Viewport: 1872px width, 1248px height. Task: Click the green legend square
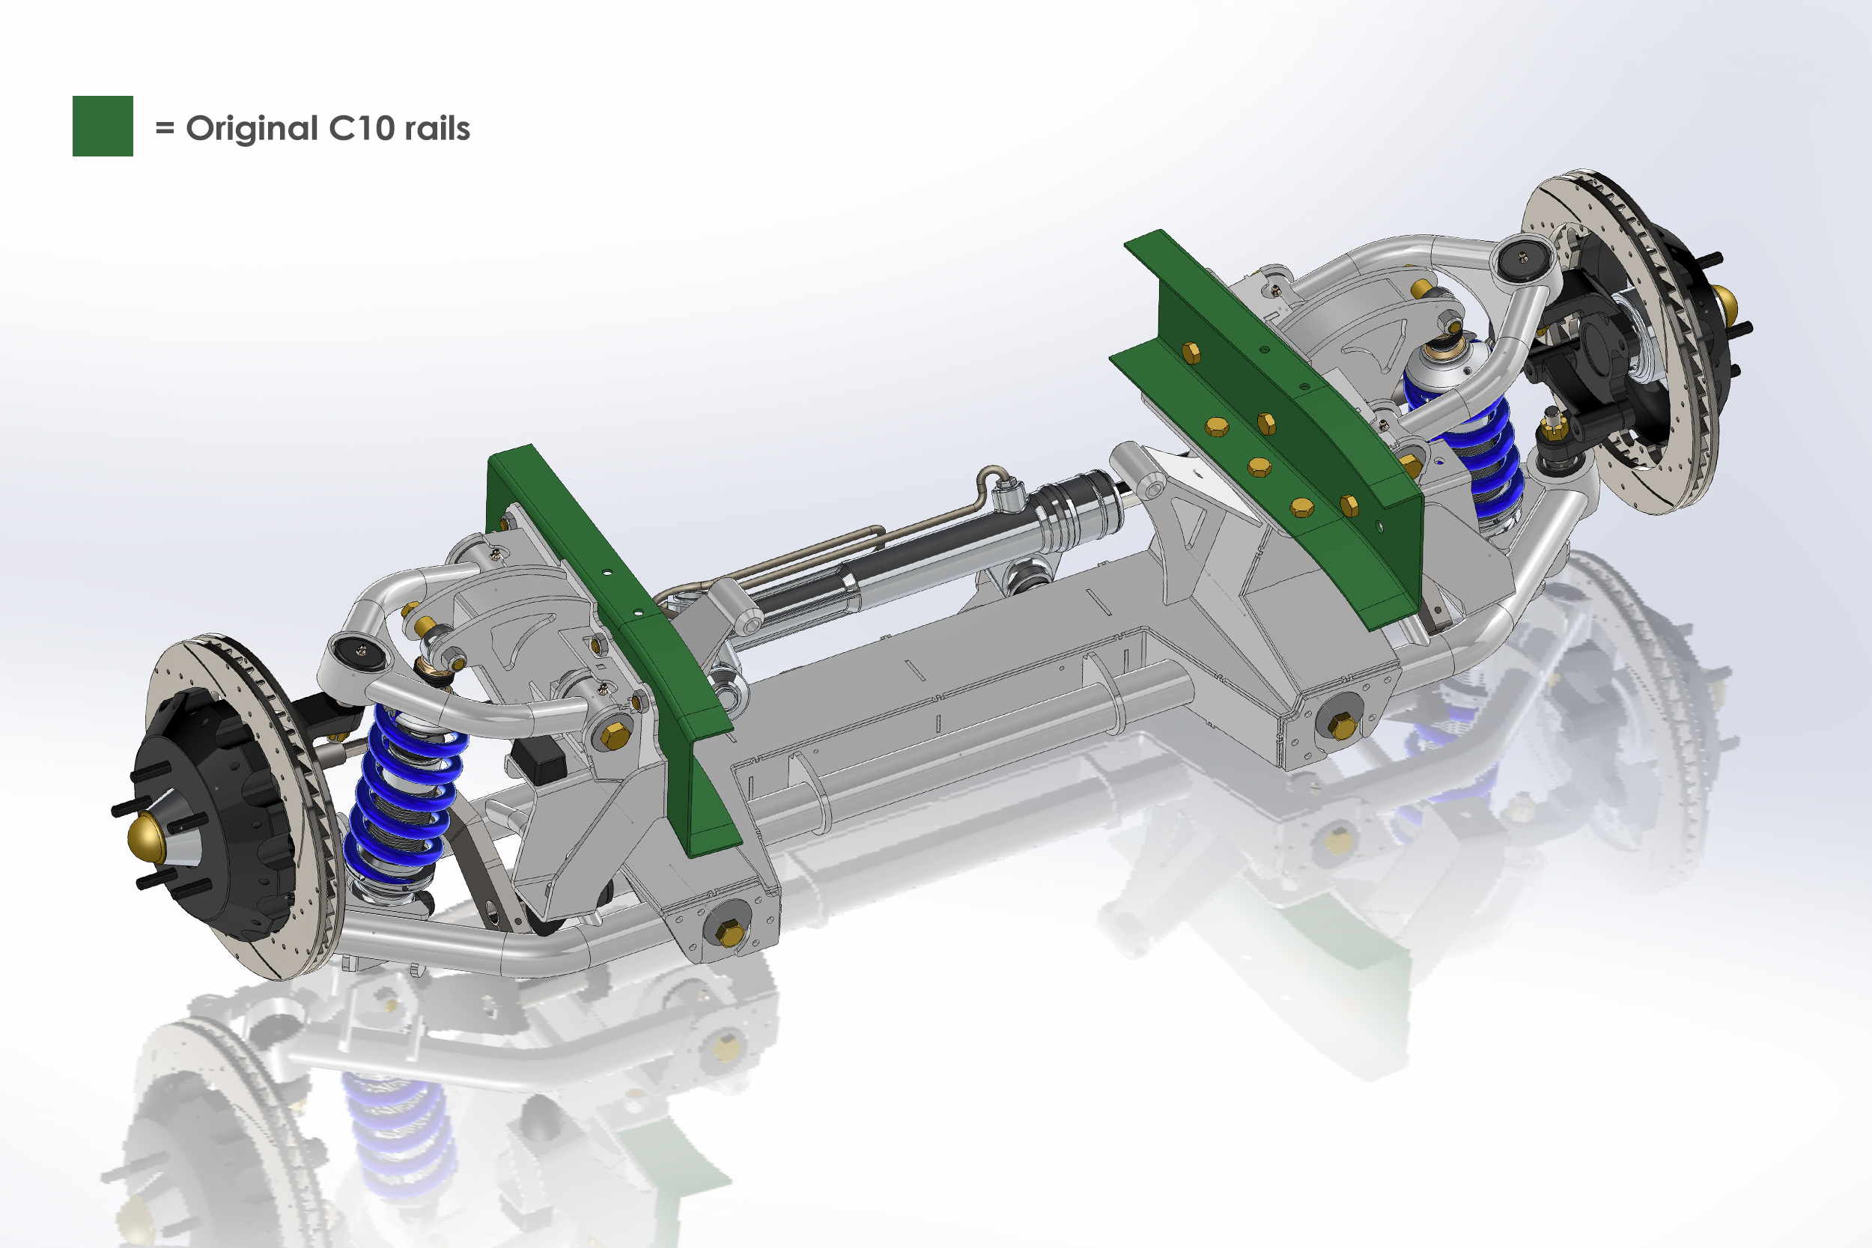point(103,126)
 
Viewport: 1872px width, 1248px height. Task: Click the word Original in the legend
point(252,129)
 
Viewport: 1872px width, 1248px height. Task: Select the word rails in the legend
point(437,128)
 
